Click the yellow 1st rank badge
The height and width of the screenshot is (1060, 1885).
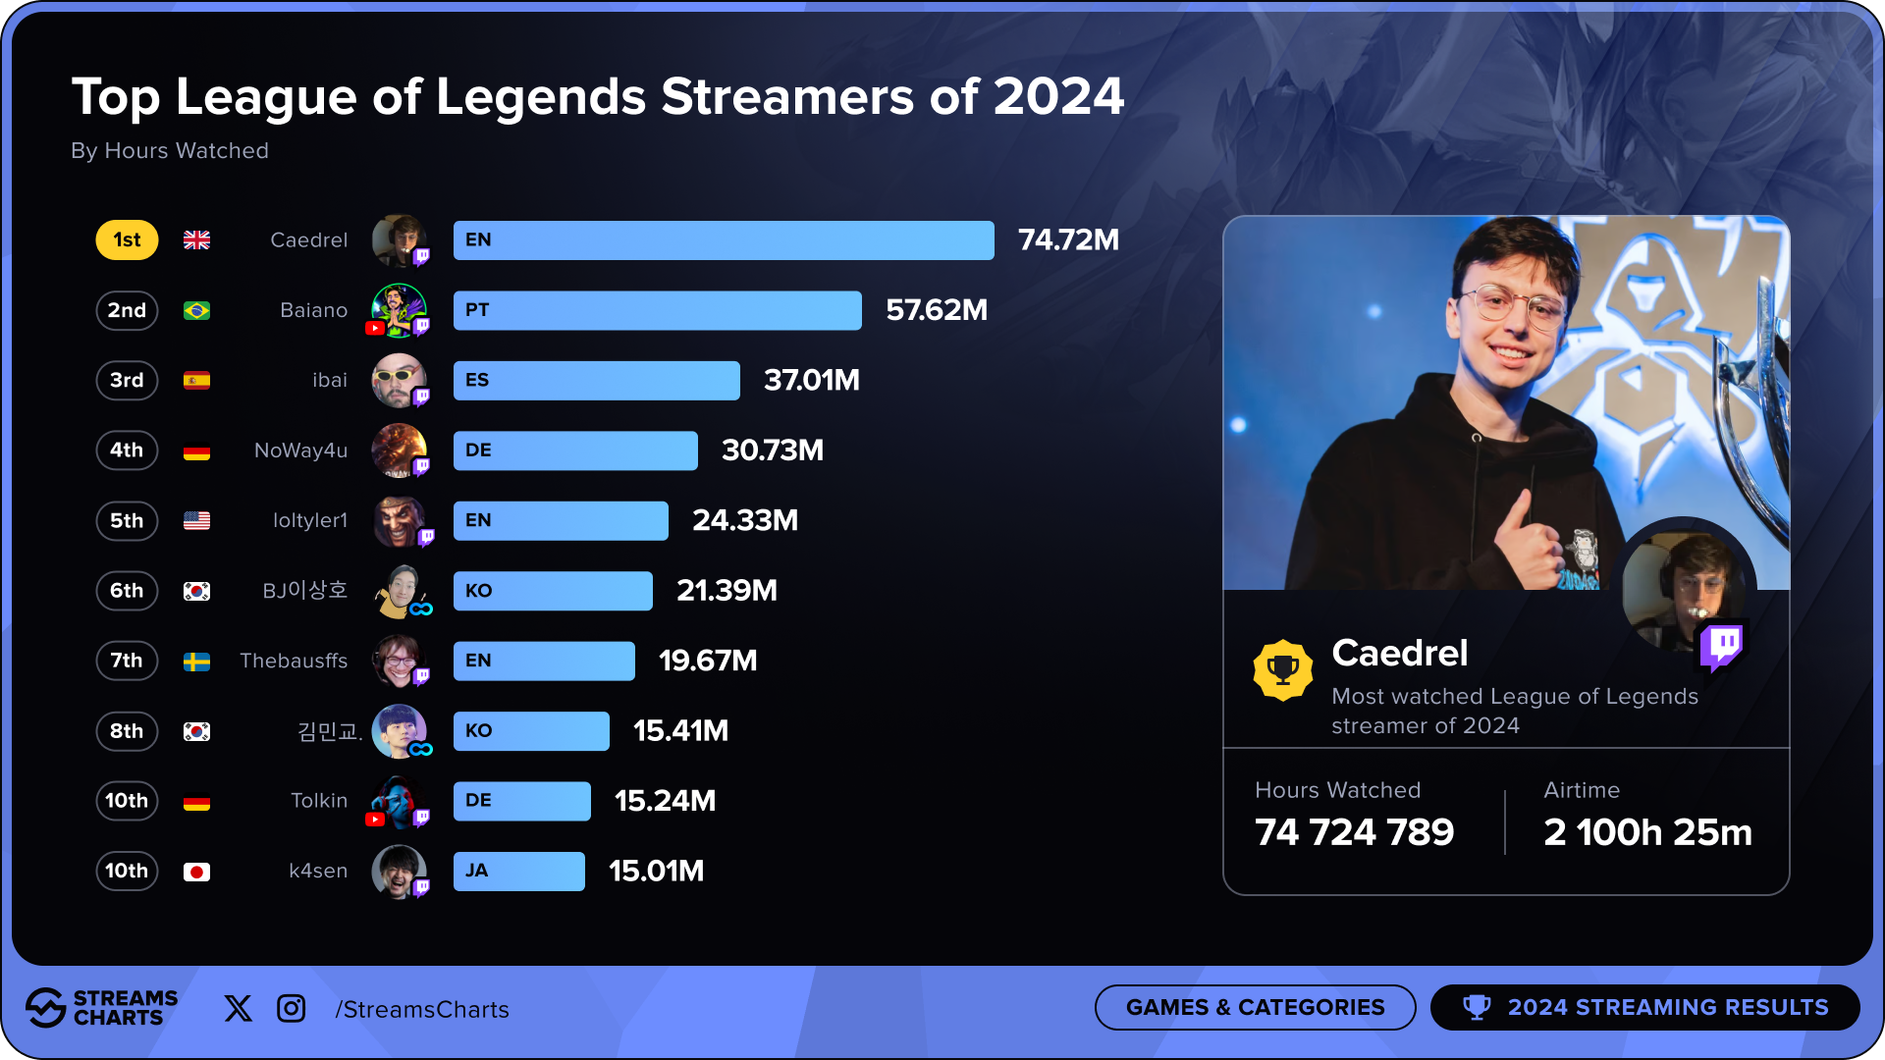click(x=127, y=240)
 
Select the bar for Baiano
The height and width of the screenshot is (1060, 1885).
click(x=657, y=310)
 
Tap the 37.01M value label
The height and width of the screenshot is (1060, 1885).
click(x=811, y=380)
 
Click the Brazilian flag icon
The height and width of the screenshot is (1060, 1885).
click(x=196, y=310)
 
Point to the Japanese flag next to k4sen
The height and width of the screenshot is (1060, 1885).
click(x=196, y=872)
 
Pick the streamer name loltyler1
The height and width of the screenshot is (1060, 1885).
click(x=309, y=520)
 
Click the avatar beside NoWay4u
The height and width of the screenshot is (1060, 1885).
click(x=399, y=450)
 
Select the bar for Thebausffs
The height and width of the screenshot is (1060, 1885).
click(x=543, y=661)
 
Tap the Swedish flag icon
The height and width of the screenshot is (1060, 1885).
click(x=196, y=662)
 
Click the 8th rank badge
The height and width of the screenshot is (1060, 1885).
click(x=127, y=731)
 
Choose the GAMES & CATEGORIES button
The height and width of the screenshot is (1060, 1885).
click(x=1255, y=1007)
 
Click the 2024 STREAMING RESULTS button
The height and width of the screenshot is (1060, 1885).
click(x=1645, y=1007)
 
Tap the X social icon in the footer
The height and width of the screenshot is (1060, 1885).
click(x=238, y=1008)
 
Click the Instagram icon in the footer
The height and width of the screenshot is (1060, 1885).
click(x=292, y=1008)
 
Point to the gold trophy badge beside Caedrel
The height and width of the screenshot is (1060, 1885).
click(x=1282, y=670)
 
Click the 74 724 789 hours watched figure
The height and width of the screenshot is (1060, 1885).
click(x=1354, y=832)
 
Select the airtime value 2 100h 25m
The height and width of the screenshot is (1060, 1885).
click(x=1647, y=832)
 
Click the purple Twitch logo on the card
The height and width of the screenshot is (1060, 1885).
click(x=1724, y=646)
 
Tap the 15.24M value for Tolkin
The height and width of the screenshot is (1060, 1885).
click(x=665, y=801)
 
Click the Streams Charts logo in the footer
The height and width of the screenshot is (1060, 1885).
click(x=102, y=1008)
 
